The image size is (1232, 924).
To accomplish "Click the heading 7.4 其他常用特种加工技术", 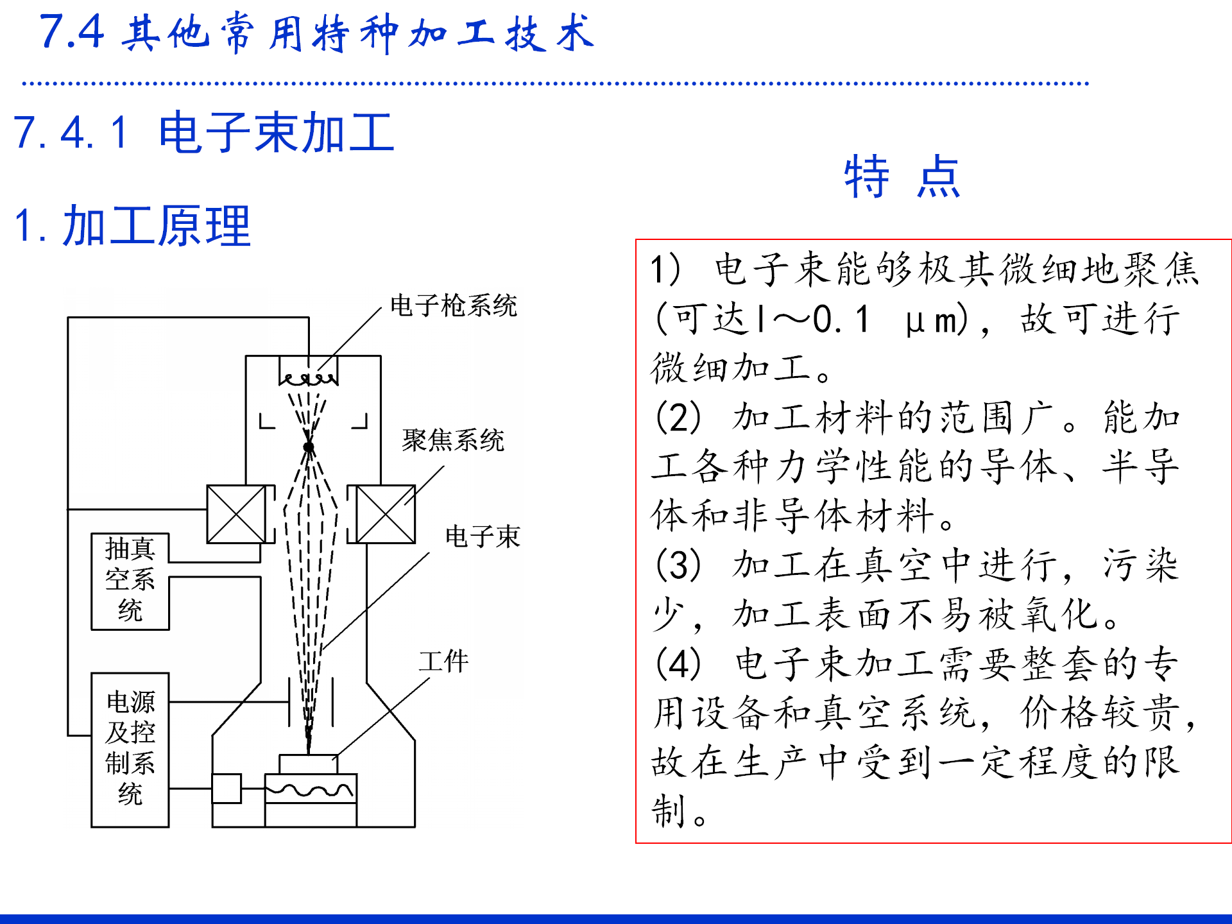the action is point(317,33).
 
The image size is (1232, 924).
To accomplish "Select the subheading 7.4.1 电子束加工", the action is point(203,133).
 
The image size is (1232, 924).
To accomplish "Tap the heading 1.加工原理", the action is point(132,227).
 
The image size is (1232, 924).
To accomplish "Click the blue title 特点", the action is point(902,176).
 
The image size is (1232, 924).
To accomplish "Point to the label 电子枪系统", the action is point(453,306).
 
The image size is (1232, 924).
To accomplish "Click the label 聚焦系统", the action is point(453,441).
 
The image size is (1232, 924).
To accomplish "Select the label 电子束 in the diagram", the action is point(483,536).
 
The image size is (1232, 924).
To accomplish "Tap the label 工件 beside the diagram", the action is point(443,662).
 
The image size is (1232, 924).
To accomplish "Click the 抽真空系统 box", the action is point(130,581).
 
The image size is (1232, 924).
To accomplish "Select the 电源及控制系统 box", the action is point(130,749).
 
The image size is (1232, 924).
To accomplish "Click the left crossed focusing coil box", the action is point(236,514).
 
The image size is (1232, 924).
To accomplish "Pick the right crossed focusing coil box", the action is point(385,514).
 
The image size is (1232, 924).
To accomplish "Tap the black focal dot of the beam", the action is point(309,447).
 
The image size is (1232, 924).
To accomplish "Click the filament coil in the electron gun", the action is point(309,379).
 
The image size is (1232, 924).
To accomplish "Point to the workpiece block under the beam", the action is point(308,764).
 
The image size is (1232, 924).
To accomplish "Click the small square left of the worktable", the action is point(227,789).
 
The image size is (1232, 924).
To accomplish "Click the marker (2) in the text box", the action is point(678,418).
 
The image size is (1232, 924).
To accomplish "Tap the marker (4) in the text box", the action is point(678,664).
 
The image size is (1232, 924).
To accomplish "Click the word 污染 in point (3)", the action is point(1140,565).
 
